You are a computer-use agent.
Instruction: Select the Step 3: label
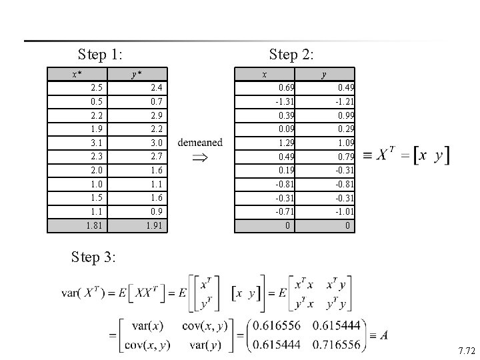[93, 257]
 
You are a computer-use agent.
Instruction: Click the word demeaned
[201, 143]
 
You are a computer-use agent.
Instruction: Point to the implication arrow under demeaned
[200, 158]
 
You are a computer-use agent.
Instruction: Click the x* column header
[77, 74]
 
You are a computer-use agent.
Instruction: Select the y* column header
[136, 74]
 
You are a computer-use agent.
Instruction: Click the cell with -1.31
[285, 101]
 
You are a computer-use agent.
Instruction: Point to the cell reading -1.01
[345, 212]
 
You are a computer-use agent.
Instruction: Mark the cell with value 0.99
[346, 115]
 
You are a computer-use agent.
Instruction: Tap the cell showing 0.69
[287, 87]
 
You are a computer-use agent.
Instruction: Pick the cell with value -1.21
[345, 101]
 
